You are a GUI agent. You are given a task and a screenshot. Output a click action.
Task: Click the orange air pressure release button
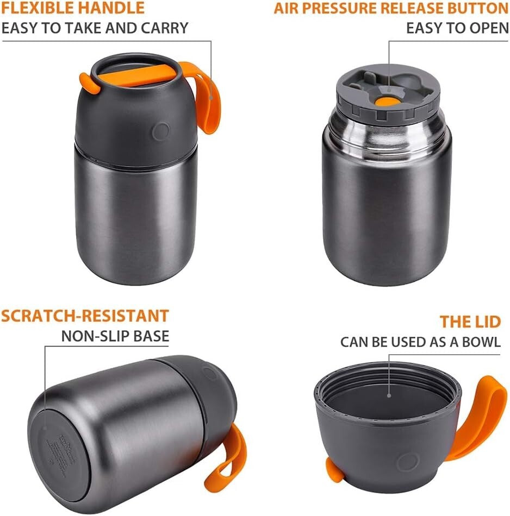coord(387,100)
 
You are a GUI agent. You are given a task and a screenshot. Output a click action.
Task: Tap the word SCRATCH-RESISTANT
coord(85,316)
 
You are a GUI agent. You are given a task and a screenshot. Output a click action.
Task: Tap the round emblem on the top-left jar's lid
coord(161,131)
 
